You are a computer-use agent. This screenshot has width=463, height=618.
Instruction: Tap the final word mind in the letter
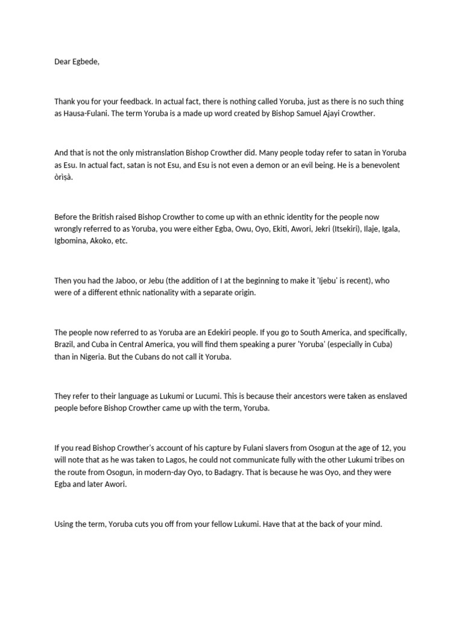coord(371,524)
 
